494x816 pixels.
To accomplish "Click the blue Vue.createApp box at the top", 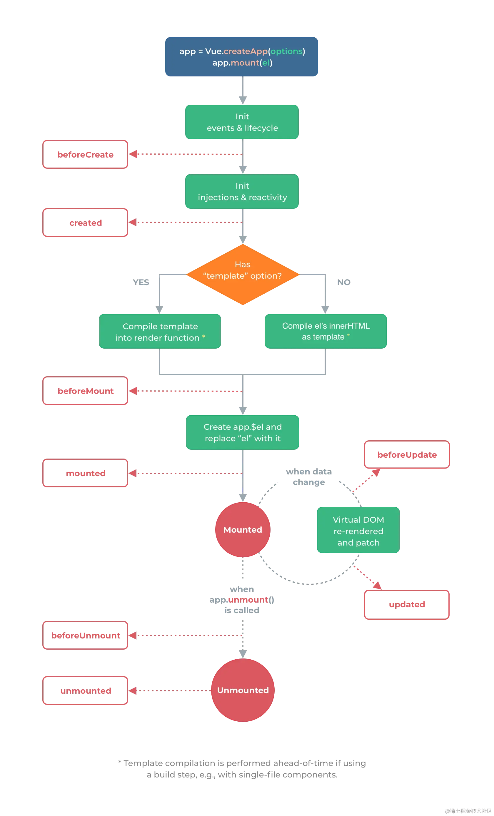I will click(x=242, y=57).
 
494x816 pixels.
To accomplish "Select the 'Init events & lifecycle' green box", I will click(x=242, y=122).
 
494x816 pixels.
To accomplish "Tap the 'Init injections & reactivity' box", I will click(x=242, y=191).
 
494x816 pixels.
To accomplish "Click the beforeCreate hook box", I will click(x=86, y=154).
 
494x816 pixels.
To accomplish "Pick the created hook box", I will click(x=86, y=223).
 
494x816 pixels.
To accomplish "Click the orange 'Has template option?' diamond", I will click(x=243, y=275).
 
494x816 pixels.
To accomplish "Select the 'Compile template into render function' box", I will click(x=160, y=332).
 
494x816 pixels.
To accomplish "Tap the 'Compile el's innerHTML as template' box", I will click(x=326, y=331).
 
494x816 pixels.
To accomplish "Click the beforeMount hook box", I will click(x=86, y=391).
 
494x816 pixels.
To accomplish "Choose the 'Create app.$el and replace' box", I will click(x=243, y=432).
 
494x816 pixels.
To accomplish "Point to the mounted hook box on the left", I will click(x=86, y=473).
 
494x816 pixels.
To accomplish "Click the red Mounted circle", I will click(x=243, y=529).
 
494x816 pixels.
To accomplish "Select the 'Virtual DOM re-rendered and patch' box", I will click(x=358, y=531).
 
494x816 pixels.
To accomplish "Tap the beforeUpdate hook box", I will click(x=407, y=455).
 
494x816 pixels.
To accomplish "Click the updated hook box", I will click(x=407, y=604).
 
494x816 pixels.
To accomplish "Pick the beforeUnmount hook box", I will click(x=86, y=636).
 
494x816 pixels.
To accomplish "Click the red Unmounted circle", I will click(x=243, y=690).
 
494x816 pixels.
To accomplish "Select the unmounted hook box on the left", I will click(x=86, y=690).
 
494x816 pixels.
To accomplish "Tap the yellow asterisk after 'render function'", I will click(x=204, y=337).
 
